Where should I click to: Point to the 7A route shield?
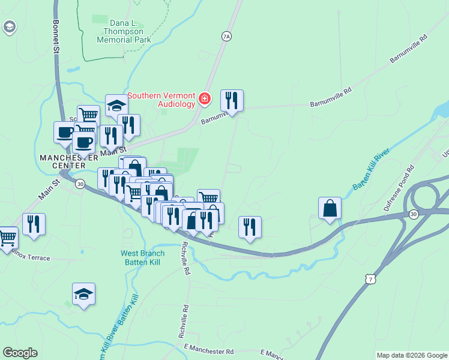[x=226, y=37]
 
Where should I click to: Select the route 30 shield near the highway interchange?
[x=414, y=214]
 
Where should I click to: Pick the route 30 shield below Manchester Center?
[x=80, y=184]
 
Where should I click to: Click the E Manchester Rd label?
[x=208, y=350]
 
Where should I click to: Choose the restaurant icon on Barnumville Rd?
[x=232, y=101]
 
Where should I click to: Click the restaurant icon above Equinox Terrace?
[x=34, y=224]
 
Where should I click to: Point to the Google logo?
[x=20, y=353]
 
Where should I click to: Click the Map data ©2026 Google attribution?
[x=412, y=355]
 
